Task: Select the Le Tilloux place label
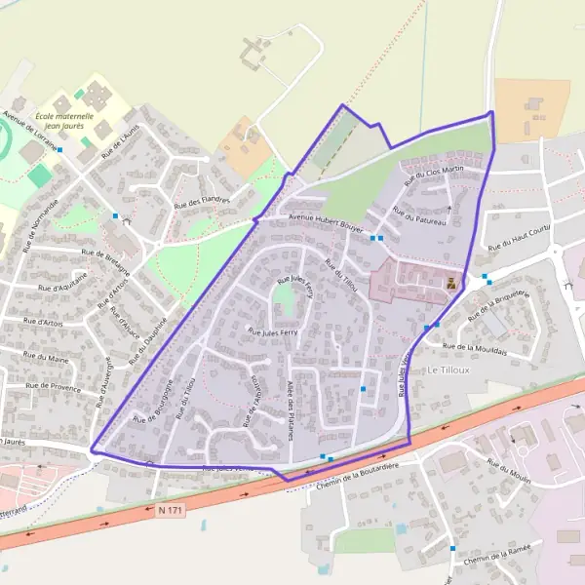coord(449,370)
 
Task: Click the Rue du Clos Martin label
coord(431,172)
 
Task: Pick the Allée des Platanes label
coord(291,409)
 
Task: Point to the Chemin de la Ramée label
coord(497,553)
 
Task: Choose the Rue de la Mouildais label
coord(475,347)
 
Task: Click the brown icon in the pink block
coord(450,284)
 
